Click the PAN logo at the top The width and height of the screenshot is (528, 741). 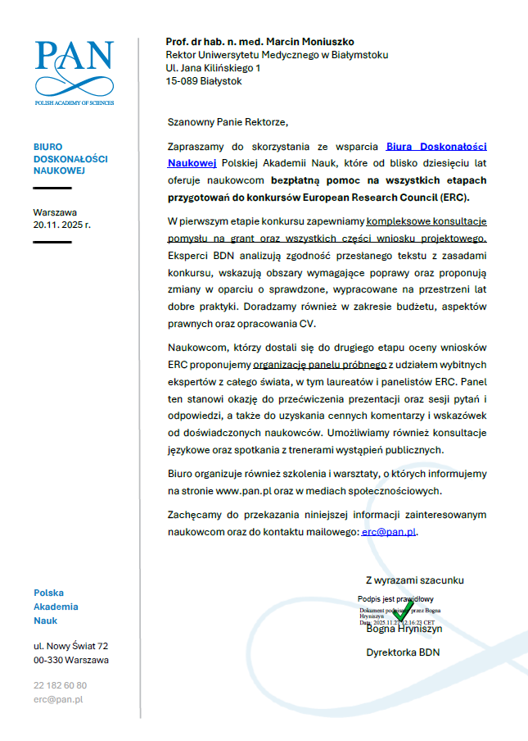click(74, 69)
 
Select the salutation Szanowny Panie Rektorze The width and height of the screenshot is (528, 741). click(228, 122)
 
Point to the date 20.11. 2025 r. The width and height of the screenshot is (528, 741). click(62, 224)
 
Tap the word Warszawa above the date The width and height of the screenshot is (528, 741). click(55, 211)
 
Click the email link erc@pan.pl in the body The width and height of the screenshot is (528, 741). click(389, 532)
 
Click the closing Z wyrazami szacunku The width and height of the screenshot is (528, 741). click(414, 580)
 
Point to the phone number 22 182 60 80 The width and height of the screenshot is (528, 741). click(60, 685)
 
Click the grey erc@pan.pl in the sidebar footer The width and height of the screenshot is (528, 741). click(58, 699)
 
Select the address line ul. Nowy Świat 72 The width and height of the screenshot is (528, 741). click(70, 646)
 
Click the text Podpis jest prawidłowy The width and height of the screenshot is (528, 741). click(395, 599)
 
